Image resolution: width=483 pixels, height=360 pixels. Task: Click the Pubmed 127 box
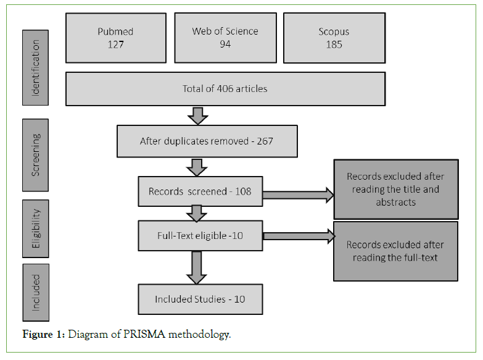tap(115, 38)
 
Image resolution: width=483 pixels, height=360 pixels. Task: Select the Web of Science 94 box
tap(225, 38)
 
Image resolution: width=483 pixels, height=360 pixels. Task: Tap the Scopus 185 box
tap(334, 38)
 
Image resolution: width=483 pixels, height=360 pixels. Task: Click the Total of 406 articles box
tap(225, 89)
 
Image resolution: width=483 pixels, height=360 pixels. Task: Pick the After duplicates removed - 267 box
tap(207, 141)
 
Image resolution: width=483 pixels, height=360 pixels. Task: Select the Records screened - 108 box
tap(200, 191)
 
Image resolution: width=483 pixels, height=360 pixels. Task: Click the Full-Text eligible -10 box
tap(200, 235)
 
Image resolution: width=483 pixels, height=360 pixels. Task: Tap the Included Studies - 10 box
tap(200, 299)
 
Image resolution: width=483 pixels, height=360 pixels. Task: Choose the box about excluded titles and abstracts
tap(395, 189)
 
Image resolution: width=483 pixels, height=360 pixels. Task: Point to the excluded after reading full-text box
tap(395, 251)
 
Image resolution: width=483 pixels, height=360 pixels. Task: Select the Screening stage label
tap(36, 154)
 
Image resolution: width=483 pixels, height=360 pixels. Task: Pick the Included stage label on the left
tap(36, 292)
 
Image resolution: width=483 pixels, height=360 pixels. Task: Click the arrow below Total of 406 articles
tap(198, 115)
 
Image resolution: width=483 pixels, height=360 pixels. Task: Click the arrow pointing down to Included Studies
tap(198, 267)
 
